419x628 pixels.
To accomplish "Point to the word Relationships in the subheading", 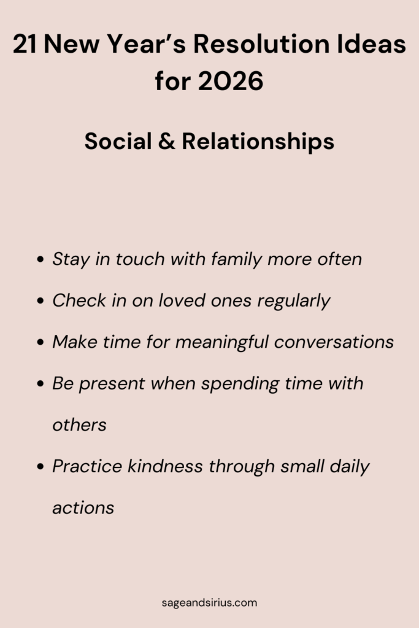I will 258,142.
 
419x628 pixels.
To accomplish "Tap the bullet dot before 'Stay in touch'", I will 40,260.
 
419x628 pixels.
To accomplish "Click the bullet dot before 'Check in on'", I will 40,302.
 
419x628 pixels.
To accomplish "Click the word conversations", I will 334,342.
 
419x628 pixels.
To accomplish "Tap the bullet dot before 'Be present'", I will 40,385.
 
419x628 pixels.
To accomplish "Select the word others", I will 79,424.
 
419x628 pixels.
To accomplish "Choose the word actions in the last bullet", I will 83,508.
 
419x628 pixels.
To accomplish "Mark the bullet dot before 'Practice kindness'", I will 40,467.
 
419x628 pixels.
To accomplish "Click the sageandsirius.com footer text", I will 209,602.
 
